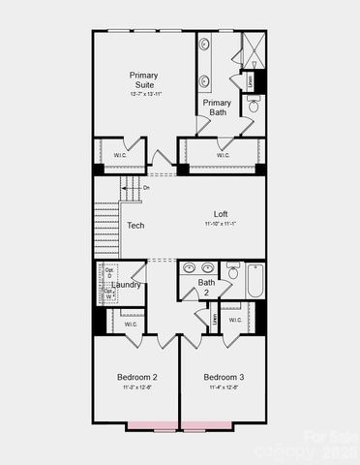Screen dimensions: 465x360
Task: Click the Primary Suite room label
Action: coord(144,79)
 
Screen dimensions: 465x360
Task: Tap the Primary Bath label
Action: coord(217,108)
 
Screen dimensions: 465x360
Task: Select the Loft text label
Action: coord(222,214)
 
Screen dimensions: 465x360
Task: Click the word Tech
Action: coord(135,226)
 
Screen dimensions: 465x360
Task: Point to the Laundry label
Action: coord(127,285)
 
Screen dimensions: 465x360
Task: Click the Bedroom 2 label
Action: coord(137,376)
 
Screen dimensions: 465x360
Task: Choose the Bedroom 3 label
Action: coord(224,376)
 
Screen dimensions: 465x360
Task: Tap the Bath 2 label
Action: coord(207,288)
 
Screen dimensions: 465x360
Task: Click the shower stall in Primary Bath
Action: coord(254,49)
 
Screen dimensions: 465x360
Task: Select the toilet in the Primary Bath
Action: coord(254,106)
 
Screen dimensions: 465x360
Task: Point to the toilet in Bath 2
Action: coord(233,272)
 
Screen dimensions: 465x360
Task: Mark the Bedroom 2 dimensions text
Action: coord(137,387)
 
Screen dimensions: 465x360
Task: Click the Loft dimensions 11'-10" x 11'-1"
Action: coord(222,224)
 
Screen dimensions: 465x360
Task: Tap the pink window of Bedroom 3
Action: coord(207,424)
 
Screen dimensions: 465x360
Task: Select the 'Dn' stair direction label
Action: coord(146,187)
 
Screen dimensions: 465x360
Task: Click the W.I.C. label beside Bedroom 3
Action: coord(235,320)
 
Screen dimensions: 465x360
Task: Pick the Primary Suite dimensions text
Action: coord(144,94)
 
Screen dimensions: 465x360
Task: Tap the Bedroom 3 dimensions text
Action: coord(224,387)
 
